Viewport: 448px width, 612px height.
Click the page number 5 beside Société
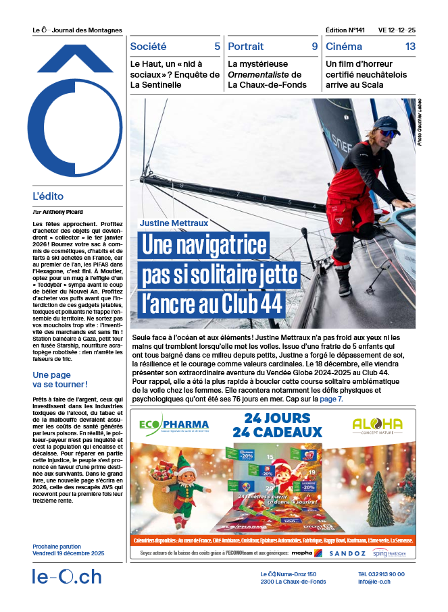pos(217,47)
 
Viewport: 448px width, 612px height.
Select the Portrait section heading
pos(246,47)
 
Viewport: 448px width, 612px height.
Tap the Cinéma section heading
pos(343,47)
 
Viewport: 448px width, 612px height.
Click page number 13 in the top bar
pos(410,47)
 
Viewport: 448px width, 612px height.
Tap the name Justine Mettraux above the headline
pos(174,222)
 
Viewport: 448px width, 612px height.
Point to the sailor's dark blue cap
pos(385,123)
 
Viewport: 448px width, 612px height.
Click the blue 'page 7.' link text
pos(332,399)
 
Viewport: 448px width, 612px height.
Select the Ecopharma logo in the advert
pos(174,425)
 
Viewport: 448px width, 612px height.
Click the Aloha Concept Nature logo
pos(377,425)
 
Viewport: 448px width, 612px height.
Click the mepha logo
pos(302,553)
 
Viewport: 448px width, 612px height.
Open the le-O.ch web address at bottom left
pos(67,577)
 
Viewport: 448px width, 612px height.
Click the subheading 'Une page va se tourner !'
pos(60,380)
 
